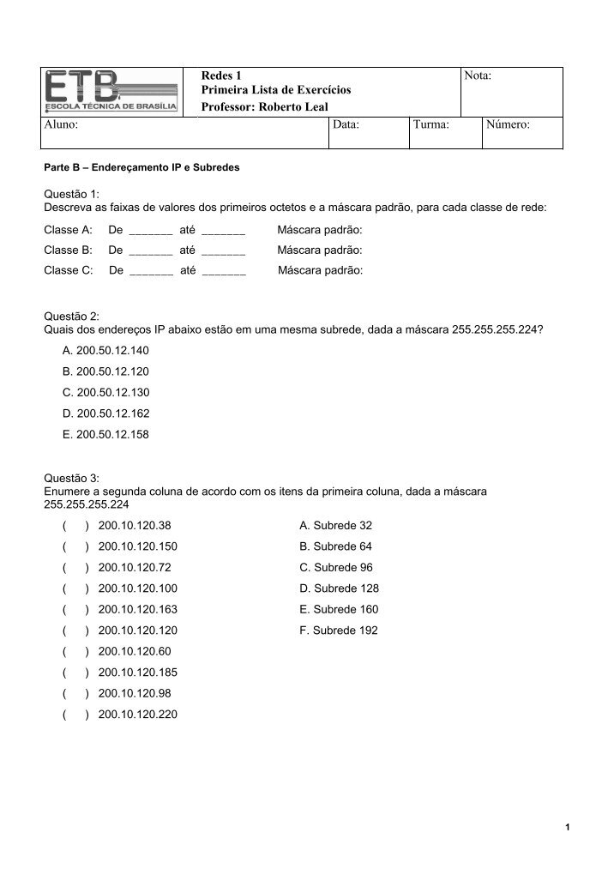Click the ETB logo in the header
click(x=111, y=92)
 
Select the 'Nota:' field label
click(x=478, y=76)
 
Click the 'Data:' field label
click(x=346, y=125)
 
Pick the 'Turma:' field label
click(x=431, y=125)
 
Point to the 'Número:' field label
click(x=508, y=125)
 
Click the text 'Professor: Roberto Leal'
click(x=264, y=106)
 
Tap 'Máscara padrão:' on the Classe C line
click(x=321, y=270)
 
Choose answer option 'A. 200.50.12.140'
click(x=105, y=351)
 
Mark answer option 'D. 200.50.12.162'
click(x=105, y=413)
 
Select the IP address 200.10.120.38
click(x=135, y=526)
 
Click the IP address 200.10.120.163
click(x=138, y=609)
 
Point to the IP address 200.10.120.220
click(x=138, y=714)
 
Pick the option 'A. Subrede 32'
click(x=335, y=526)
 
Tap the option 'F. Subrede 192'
click(x=338, y=631)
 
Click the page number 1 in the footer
click(x=568, y=827)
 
